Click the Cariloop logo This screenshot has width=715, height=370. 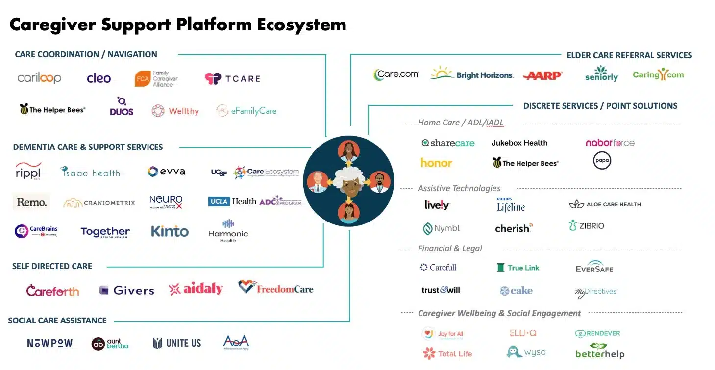pos(39,78)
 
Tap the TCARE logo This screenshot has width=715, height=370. pos(232,78)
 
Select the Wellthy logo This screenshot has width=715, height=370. pos(175,111)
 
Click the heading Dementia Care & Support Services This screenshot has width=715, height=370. pos(88,147)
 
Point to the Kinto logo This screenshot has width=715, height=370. pos(170,231)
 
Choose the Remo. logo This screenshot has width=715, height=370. pos(31,202)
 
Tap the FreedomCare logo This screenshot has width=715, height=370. pos(275,288)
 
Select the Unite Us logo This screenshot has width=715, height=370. pos(177,343)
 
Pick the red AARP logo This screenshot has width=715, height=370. pos(542,75)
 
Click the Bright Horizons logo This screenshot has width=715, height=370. pos(472,74)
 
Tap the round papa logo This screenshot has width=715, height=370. pos(602,161)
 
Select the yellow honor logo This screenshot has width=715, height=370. pos(436,163)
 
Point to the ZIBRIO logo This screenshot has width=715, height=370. pos(587,226)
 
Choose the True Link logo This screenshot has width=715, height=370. pos(518,268)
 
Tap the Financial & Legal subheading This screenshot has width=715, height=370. pos(450,248)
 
